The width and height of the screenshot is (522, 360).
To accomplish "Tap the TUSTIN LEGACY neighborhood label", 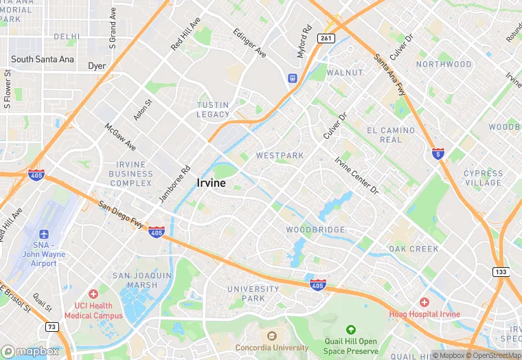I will click(x=213, y=110).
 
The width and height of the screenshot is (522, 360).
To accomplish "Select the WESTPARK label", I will click(x=280, y=155).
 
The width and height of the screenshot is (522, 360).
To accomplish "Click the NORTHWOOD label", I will click(x=444, y=65).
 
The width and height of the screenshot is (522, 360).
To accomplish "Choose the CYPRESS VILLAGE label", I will click(x=483, y=178).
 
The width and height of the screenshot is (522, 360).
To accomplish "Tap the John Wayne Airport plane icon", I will click(x=45, y=235).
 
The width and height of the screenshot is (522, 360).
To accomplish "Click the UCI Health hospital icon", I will click(x=93, y=294).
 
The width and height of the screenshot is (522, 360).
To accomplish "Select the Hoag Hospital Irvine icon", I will click(x=424, y=302).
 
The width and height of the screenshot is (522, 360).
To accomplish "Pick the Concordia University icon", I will click(x=271, y=336).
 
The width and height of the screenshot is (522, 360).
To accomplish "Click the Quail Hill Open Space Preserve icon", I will click(x=351, y=330).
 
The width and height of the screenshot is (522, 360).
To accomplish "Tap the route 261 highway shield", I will click(x=327, y=38).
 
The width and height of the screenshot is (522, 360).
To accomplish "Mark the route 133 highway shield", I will click(x=501, y=273).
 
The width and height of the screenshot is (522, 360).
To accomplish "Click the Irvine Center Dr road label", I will click(x=356, y=175).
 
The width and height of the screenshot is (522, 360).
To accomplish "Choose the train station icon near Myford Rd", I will click(x=293, y=78).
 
